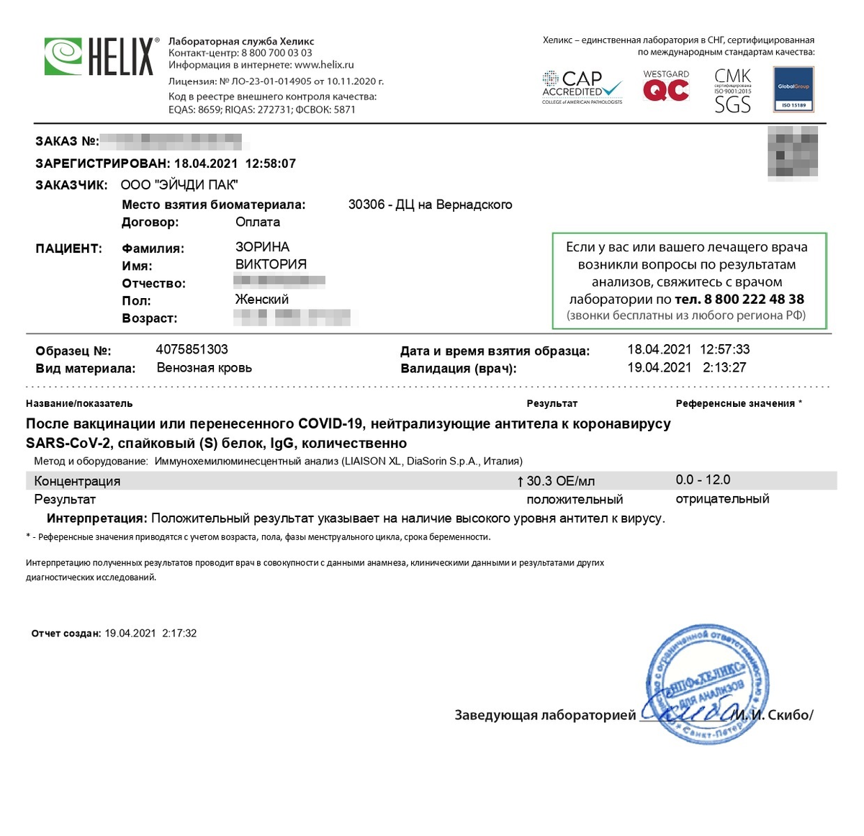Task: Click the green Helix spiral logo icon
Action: pyautogui.click(x=63, y=56)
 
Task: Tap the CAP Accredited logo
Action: pyautogui.click(x=582, y=87)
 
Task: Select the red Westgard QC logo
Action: pyautogui.click(x=666, y=86)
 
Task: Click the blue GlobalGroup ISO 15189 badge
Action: pyautogui.click(x=793, y=89)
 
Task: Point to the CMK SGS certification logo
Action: pyautogui.click(x=732, y=91)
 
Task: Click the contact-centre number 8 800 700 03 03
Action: pyautogui.click(x=276, y=53)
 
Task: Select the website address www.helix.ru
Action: pyautogui.click(x=324, y=65)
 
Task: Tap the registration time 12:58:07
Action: pyautogui.click(x=271, y=163)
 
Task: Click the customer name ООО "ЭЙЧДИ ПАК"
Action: pyautogui.click(x=179, y=185)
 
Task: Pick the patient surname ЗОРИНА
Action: pyautogui.click(x=262, y=247)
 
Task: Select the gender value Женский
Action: pyautogui.click(x=262, y=300)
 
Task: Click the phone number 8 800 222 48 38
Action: pyautogui.click(x=754, y=300)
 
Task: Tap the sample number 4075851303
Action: pyautogui.click(x=192, y=350)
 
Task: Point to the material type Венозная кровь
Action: pyautogui.click(x=204, y=368)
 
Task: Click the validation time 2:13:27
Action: pyautogui.click(x=724, y=367)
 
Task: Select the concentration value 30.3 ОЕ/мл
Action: pyautogui.click(x=560, y=481)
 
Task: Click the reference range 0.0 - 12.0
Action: pyautogui.click(x=703, y=480)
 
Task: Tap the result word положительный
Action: pyautogui.click(x=575, y=500)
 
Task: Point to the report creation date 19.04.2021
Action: pyautogui.click(x=130, y=634)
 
